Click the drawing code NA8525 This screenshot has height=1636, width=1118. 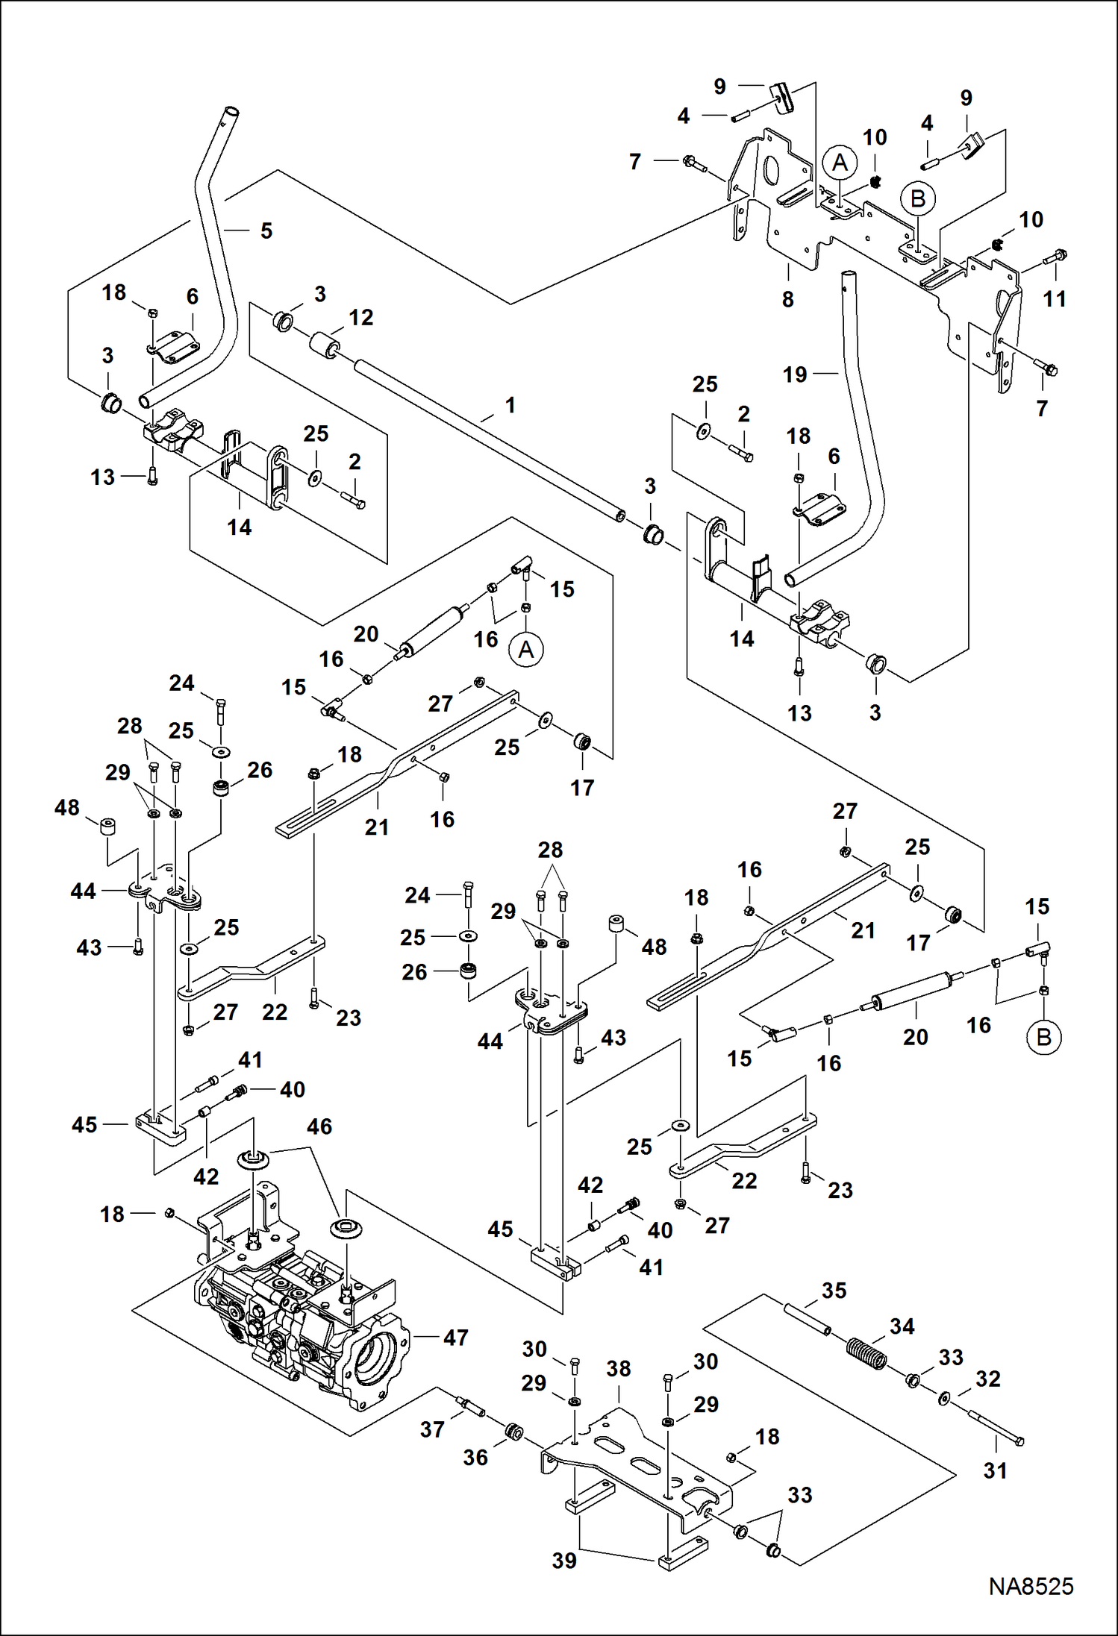coord(1031,1586)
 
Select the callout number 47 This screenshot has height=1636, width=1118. coord(455,1338)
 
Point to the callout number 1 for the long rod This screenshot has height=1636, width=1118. coord(510,405)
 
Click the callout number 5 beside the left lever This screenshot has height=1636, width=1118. coord(266,231)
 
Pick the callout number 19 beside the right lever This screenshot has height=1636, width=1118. coord(795,374)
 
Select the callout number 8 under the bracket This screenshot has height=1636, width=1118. coord(787,299)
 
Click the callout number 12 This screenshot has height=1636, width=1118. coord(360,317)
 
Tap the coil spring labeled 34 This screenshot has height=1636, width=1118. coord(866,1353)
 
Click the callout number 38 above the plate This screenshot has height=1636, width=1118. coord(619,1368)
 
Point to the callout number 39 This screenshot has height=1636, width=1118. coord(564,1560)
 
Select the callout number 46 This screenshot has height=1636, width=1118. coord(319,1126)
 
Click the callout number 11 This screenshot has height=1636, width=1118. coord(1054,298)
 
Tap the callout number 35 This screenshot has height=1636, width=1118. coord(834,1291)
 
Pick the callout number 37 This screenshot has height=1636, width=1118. coord(432,1429)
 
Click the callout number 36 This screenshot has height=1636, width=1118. coord(475,1457)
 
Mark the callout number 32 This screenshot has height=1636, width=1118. coord(987,1379)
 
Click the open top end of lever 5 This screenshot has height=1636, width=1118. coord(232,113)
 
